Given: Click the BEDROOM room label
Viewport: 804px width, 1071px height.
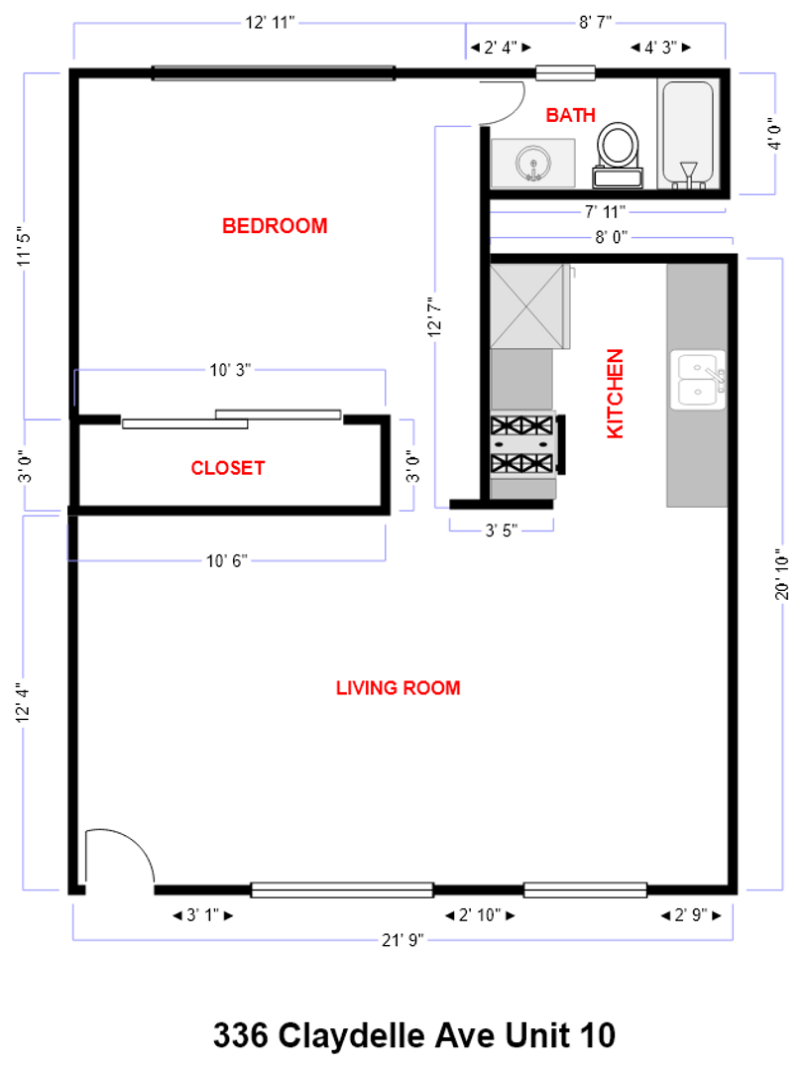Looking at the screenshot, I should click(275, 226).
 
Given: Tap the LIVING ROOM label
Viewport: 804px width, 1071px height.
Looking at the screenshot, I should click(398, 687).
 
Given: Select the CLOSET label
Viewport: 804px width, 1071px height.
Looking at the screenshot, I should click(228, 467).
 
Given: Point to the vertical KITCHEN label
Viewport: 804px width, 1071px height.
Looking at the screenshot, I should click(616, 393).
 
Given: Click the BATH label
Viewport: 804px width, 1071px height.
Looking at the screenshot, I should click(571, 115).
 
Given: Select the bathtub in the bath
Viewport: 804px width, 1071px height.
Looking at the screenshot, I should click(686, 133).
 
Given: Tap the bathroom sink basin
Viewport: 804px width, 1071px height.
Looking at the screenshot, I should click(533, 163).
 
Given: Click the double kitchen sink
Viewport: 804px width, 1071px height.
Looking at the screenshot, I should click(699, 380).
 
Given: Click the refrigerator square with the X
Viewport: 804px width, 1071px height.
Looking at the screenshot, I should click(527, 304).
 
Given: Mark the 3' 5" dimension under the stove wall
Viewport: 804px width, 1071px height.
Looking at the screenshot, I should click(501, 531).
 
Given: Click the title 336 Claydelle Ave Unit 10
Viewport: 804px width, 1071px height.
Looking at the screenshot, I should click(413, 1035).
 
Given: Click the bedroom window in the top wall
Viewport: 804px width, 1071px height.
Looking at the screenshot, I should click(273, 72).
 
